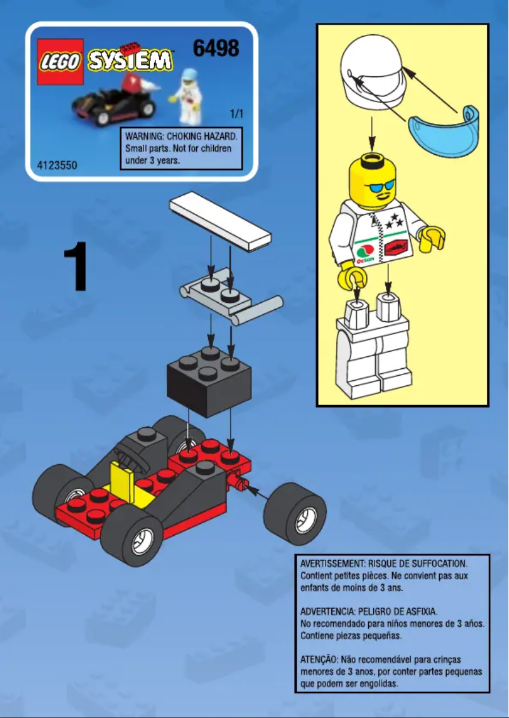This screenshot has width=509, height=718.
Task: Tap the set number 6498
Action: coord(216,48)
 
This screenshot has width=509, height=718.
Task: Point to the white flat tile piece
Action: coord(220,220)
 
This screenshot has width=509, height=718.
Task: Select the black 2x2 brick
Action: coord(207,380)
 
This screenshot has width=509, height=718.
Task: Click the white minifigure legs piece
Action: coord(371,346)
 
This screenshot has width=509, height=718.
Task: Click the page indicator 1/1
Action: coord(236,115)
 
